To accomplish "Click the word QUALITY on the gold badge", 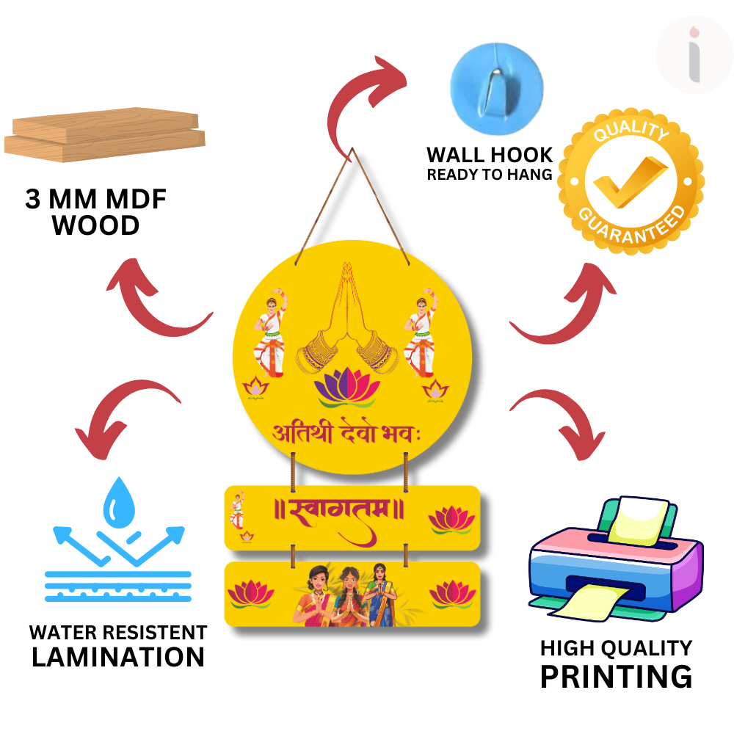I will (x=631, y=134).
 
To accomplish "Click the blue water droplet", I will (x=117, y=502).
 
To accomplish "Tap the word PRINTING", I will (x=616, y=676).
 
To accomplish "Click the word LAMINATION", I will (x=118, y=657).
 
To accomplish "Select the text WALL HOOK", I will (x=490, y=155).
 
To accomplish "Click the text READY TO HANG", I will (x=490, y=175).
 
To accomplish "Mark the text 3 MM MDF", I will (x=96, y=200).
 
